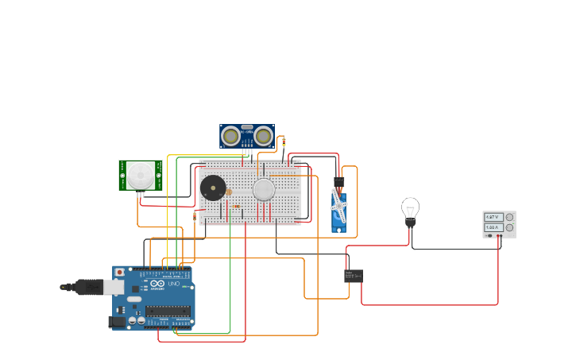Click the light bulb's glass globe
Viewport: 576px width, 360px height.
pos(410,208)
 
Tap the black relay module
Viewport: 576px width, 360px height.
pos(354,276)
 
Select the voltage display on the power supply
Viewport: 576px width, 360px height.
pos(493,217)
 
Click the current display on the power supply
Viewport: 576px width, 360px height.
pos(493,228)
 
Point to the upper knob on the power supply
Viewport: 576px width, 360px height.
pos(508,217)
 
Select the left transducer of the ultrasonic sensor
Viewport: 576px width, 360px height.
pos(231,137)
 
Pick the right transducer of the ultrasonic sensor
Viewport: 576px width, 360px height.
pos(263,137)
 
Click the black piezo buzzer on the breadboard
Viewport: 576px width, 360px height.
pos(212,188)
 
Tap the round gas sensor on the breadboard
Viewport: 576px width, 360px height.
pos(264,189)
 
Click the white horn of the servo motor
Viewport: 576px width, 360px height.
pos(339,209)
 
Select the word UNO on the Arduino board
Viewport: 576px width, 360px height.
pos(174,284)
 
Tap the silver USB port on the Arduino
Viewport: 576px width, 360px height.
pos(114,286)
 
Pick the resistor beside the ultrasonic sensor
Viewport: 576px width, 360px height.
pos(284,141)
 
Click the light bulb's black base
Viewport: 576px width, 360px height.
pos(411,223)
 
